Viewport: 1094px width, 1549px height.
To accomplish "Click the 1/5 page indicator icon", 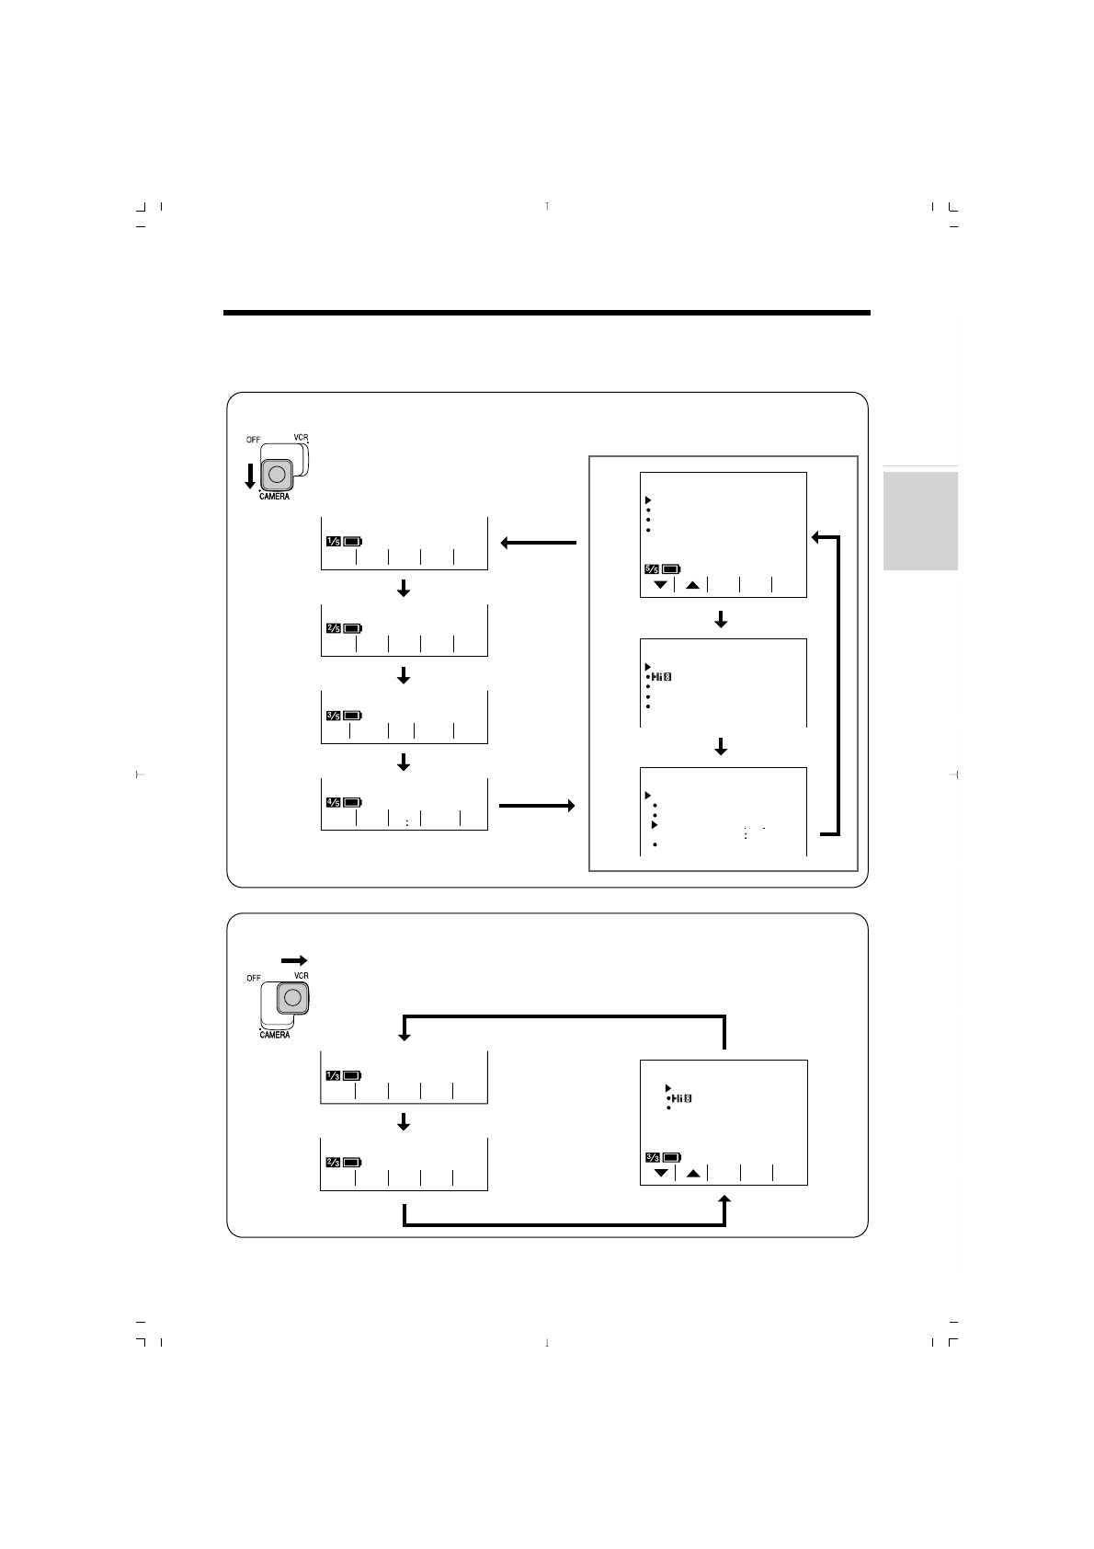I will (332, 541).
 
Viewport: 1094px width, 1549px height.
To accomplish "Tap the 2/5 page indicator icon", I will (332, 628).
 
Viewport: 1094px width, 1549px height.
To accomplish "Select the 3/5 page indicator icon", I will (332, 715).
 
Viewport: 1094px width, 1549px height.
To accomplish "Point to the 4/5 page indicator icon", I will (332, 802).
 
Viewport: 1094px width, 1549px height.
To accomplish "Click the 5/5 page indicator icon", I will (651, 569).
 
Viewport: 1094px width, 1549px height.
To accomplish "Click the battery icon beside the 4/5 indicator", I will (354, 802).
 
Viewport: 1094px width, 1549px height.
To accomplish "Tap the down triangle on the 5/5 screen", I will (659, 585).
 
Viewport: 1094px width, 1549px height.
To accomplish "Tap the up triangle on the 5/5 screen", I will (692, 585).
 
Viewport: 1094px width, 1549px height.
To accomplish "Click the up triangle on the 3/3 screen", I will (693, 1173).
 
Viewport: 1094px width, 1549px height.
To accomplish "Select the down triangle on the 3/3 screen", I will (660, 1173).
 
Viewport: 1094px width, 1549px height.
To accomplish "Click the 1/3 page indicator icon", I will (332, 1075).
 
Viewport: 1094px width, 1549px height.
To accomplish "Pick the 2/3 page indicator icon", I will (332, 1162).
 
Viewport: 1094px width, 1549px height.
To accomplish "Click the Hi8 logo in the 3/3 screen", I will (681, 1098).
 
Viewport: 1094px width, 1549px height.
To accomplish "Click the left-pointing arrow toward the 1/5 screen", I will (539, 543).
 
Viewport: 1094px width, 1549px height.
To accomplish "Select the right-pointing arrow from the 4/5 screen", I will (537, 806).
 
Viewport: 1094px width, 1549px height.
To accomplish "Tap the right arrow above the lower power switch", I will (293, 958).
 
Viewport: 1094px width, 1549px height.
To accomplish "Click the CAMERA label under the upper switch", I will (274, 497).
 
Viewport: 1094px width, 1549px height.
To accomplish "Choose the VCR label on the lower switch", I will (301, 976).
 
